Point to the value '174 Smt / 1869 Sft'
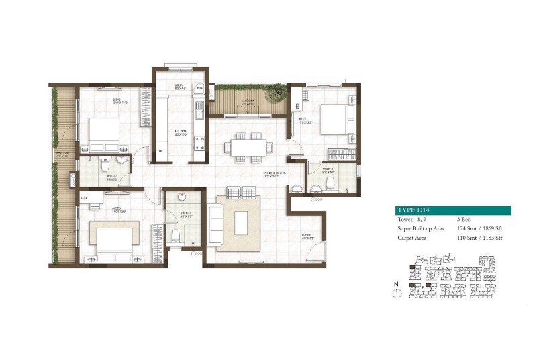coord(480,228)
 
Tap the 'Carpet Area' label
coord(412,238)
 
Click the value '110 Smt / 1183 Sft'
coord(480,238)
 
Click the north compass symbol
coord(397,293)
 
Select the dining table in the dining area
coord(248,148)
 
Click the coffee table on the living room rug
coord(241,222)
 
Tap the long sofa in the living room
coord(215,225)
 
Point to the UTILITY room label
coord(179,86)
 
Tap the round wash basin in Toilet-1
coord(181,197)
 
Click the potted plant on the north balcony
coord(275,91)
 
